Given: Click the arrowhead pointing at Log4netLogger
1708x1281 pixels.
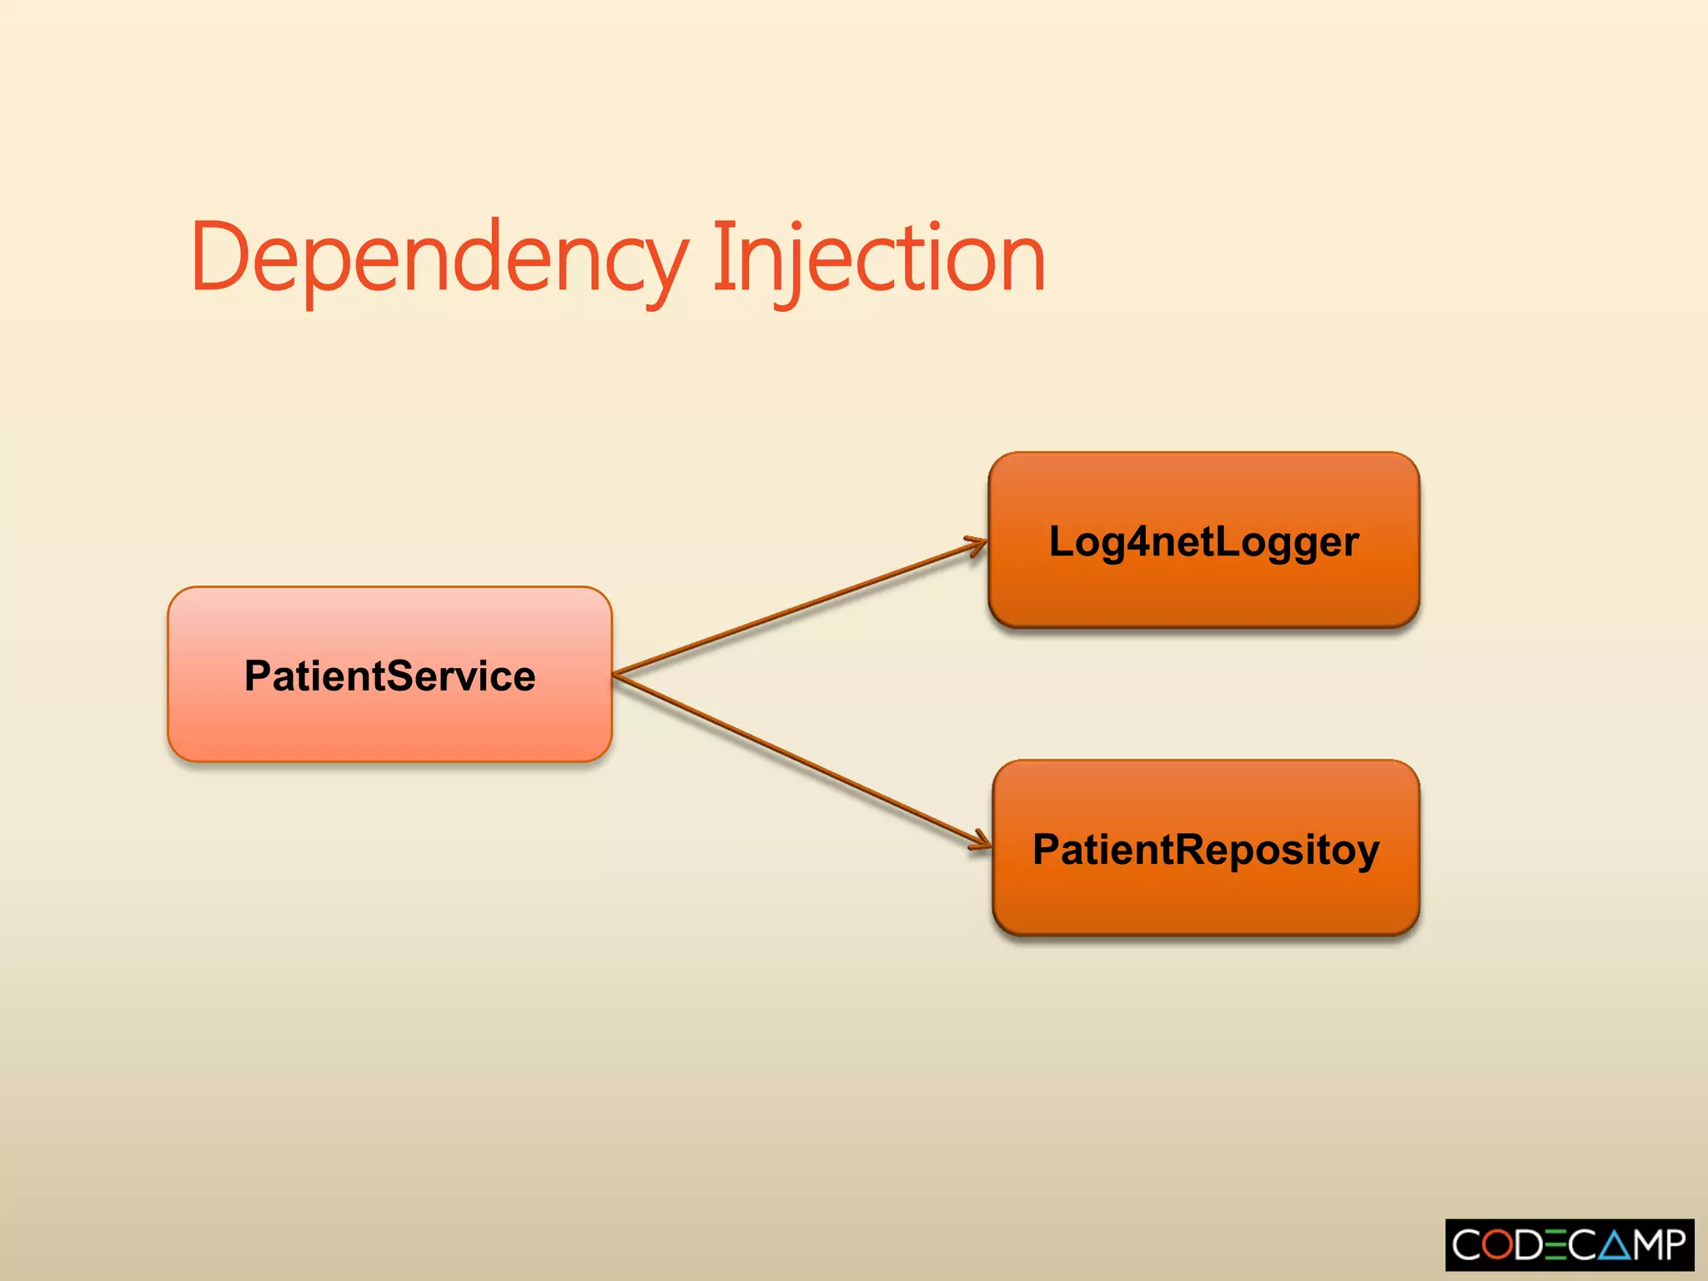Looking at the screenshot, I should click(977, 545).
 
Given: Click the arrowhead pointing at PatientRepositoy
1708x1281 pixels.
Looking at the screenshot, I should click(982, 841).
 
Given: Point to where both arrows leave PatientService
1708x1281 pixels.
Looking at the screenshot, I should click(615, 674).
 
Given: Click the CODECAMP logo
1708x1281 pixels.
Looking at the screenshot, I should click(1569, 1244).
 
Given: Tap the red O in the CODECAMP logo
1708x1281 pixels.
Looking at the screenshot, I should click(1498, 1245).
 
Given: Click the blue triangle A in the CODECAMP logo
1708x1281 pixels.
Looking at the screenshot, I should click(1614, 1245).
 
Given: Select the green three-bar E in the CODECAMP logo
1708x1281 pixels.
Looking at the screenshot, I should click(1556, 1245).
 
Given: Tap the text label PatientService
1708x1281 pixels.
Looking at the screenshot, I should click(389, 676).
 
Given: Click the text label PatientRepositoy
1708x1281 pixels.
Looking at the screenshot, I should click(1205, 850).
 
